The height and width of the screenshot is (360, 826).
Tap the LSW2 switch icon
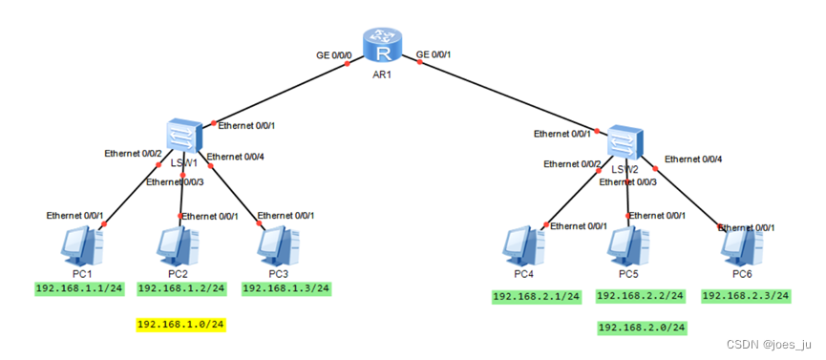(x=625, y=141)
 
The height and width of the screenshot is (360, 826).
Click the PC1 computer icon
(x=82, y=246)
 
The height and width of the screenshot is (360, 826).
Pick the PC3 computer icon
(x=279, y=247)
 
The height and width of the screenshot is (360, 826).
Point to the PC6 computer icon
(x=742, y=247)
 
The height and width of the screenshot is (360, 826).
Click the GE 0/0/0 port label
(x=332, y=54)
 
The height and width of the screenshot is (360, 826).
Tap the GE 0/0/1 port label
(x=434, y=53)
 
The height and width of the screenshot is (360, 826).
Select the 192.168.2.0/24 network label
(x=642, y=328)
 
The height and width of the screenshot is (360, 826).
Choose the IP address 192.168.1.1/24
(x=79, y=288)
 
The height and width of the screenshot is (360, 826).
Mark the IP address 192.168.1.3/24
(x=286, y=288)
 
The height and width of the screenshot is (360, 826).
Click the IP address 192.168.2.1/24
(x=537, y=297)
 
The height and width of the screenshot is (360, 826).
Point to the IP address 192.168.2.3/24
(x=746, y=296)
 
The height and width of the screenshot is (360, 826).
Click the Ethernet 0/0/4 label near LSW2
(x=693, y=159)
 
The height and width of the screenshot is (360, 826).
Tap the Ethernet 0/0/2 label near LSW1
(x=134, y=154)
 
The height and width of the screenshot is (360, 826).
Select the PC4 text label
(x=524, y=275)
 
